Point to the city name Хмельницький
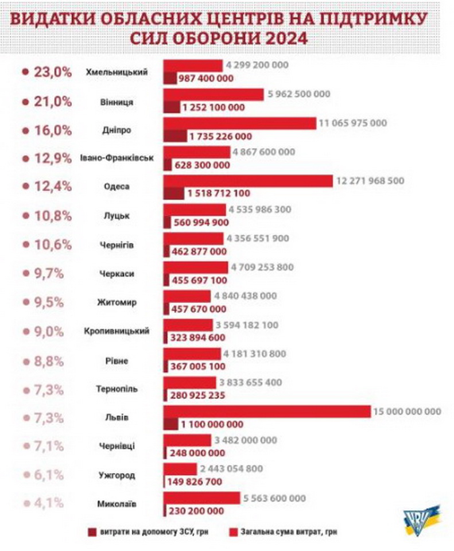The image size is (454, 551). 117,72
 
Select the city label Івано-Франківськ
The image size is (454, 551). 117,159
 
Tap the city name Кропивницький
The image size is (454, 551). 117,332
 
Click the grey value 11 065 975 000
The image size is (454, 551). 354,123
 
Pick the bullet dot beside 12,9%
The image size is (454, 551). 25,159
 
